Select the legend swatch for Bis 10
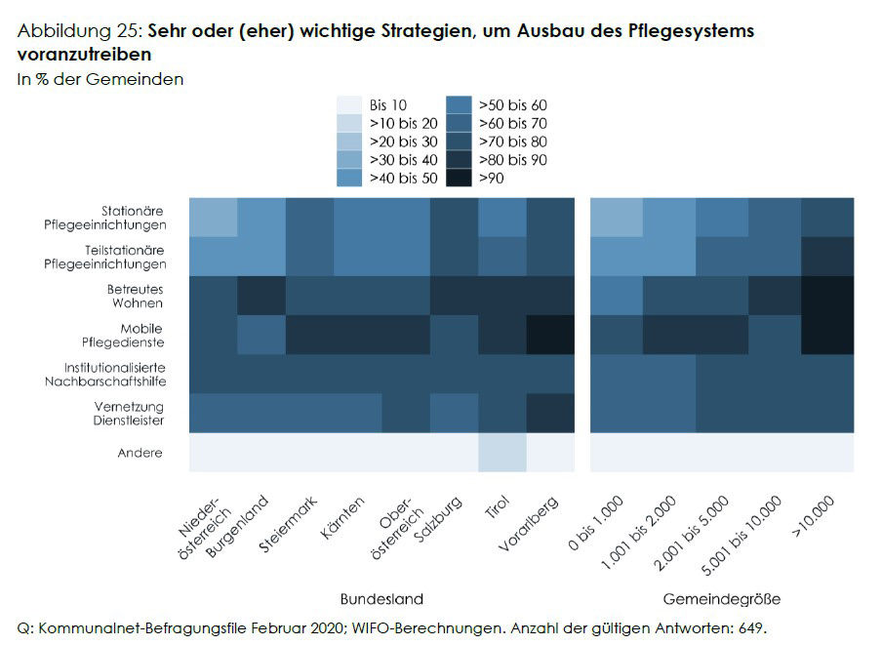pyautogui.click(x=350, y=104)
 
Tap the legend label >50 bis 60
pyautogui.click(x=513, y=104)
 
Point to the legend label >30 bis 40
pyautogui.click(x=403, y=159)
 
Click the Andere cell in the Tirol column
pyautogui.click(x=502, y=453)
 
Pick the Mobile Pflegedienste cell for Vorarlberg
pyautogui.click(x=550, y=335)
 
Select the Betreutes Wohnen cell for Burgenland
pyautogui.click(x=261, y=296)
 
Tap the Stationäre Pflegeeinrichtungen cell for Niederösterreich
pyautogui.click(x=214, y=217)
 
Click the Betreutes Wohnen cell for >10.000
pyautogui.click(x=827, y=296)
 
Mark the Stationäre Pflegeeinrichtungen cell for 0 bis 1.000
pyautogui.click(x=617, y=217)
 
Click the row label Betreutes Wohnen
pyautogui.click(x=135, y=296)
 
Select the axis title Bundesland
pyautogui.click(x=381, y=598)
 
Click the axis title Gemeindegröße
pyautogui.click(x=722, y=598)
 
